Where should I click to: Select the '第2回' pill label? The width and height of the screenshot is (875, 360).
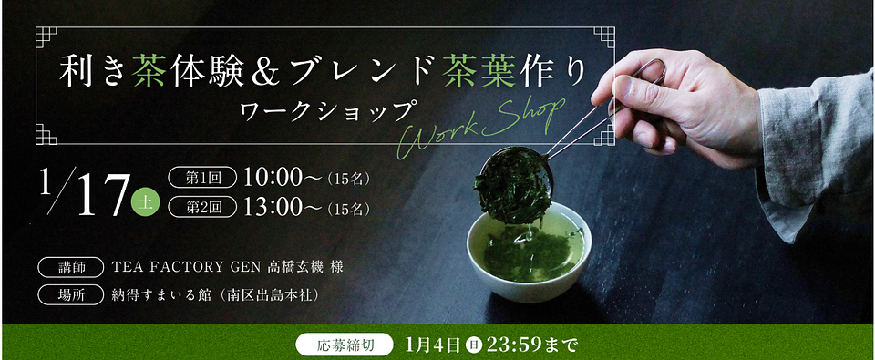202,207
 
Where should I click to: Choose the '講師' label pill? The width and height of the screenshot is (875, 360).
71,267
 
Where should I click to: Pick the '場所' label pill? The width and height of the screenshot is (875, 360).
71,294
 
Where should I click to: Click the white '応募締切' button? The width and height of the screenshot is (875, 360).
342,345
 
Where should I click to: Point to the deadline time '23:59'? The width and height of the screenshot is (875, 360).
514,345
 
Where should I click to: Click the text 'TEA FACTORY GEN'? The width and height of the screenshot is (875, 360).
186,267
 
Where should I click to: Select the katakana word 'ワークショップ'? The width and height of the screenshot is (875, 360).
327,112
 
